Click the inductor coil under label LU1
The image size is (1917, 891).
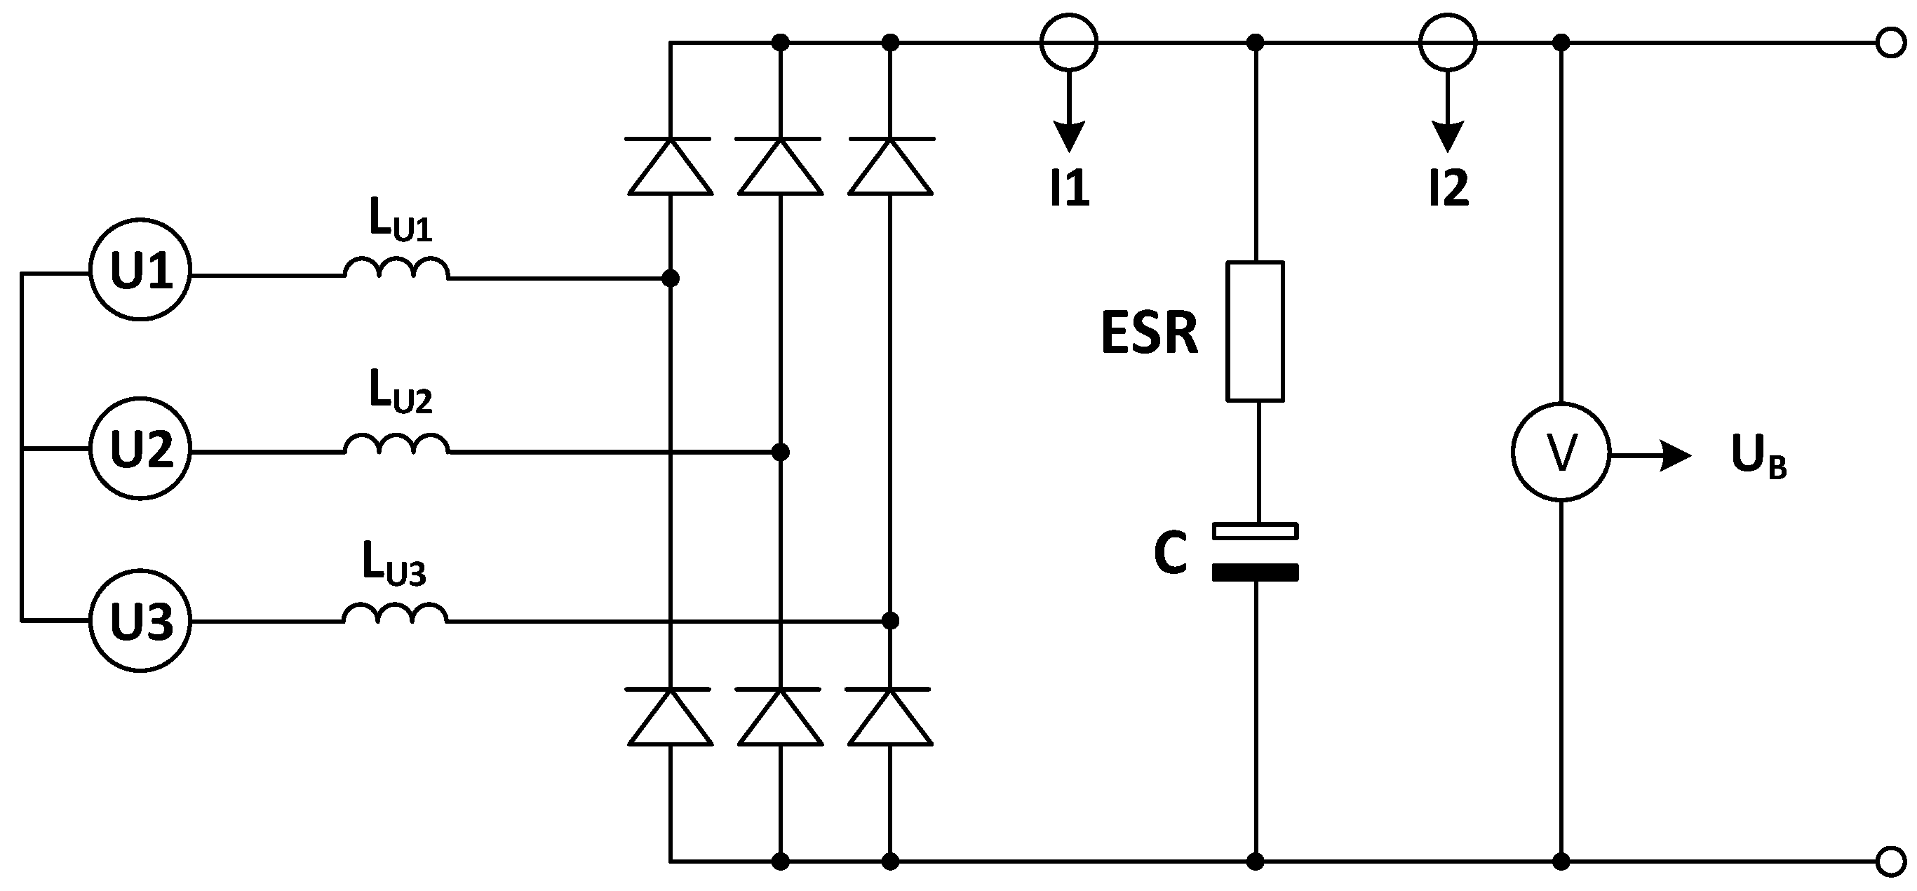(x=396, y=269)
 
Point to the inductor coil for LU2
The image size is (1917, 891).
(x=396, y=444)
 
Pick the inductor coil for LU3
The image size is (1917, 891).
(x=395, y=613)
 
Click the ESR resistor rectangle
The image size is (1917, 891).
(x=1255, y=331)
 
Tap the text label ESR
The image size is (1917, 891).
(x=1149, y=333)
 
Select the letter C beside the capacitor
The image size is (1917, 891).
(x=1170, y=554)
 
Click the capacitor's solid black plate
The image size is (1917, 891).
(x=1255, y=572)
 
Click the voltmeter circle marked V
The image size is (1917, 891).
(x=1561, y=452)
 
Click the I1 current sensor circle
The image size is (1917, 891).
(x=1069, y=42)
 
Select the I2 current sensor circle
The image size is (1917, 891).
(x=1448, y=42)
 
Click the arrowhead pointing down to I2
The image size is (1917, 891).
(x=1448, y=137)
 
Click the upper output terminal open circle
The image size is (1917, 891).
(x=1891, y=43)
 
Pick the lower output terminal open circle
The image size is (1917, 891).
(x=1891, y=862)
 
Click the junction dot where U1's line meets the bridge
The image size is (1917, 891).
(x=671, y=279)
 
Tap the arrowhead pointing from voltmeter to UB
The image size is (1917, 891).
(x=1675, y=455)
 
